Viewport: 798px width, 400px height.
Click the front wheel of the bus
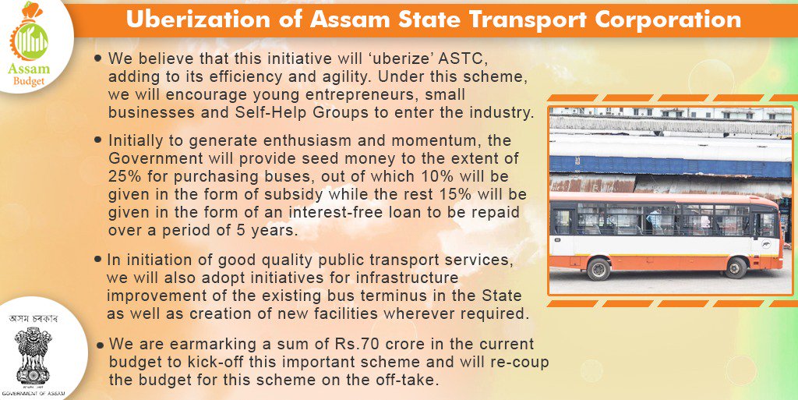[x=736, y=267]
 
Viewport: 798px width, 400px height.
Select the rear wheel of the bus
[x=598, y=268]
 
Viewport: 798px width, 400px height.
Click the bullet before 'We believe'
[x=98, y=58]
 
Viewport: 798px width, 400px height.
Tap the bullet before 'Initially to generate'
[x=98, y=140]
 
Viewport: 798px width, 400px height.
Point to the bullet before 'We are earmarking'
[x=99, y=344]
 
